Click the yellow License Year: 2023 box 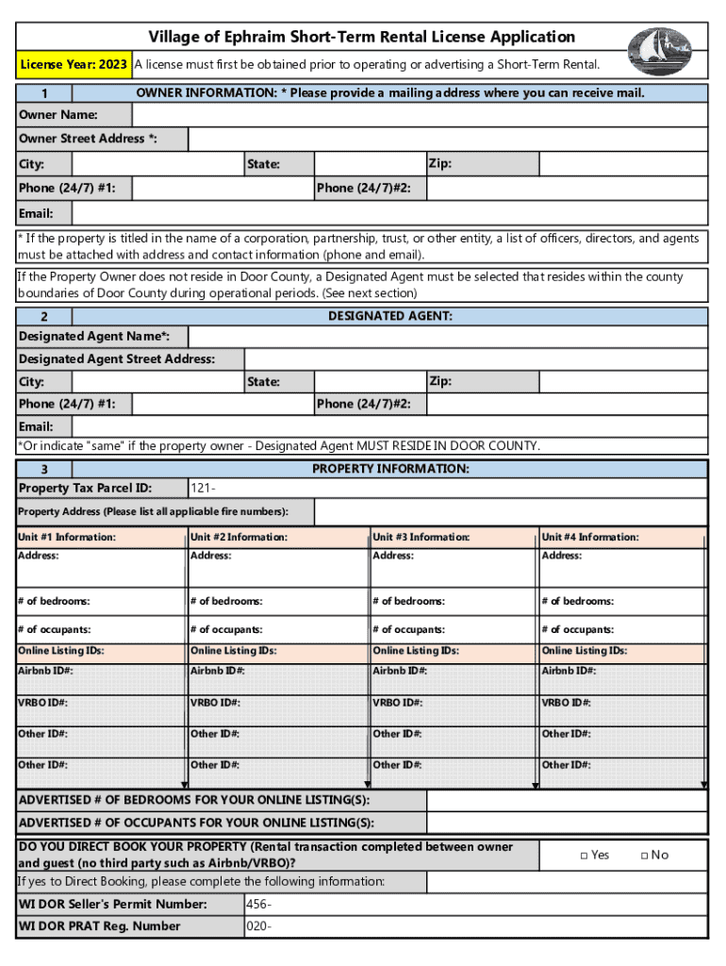(x=74, y=65)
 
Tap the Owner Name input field (x=420, y=115)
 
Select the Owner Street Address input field (x=448, y=140)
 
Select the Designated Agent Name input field (x=448, y=338)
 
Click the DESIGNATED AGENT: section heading (x=389, y=316)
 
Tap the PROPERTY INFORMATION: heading (x=390, y=469)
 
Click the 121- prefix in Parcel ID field (x=204, y=489)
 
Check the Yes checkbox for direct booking (x=585, y=856)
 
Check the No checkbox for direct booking (x=644, y=856)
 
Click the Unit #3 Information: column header (x=421, y=538)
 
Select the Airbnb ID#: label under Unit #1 (x=46, y=671)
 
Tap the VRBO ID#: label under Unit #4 (x=568, y=703)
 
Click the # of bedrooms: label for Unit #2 (x=226, y=601)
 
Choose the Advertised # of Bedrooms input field (x=567, y=800)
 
